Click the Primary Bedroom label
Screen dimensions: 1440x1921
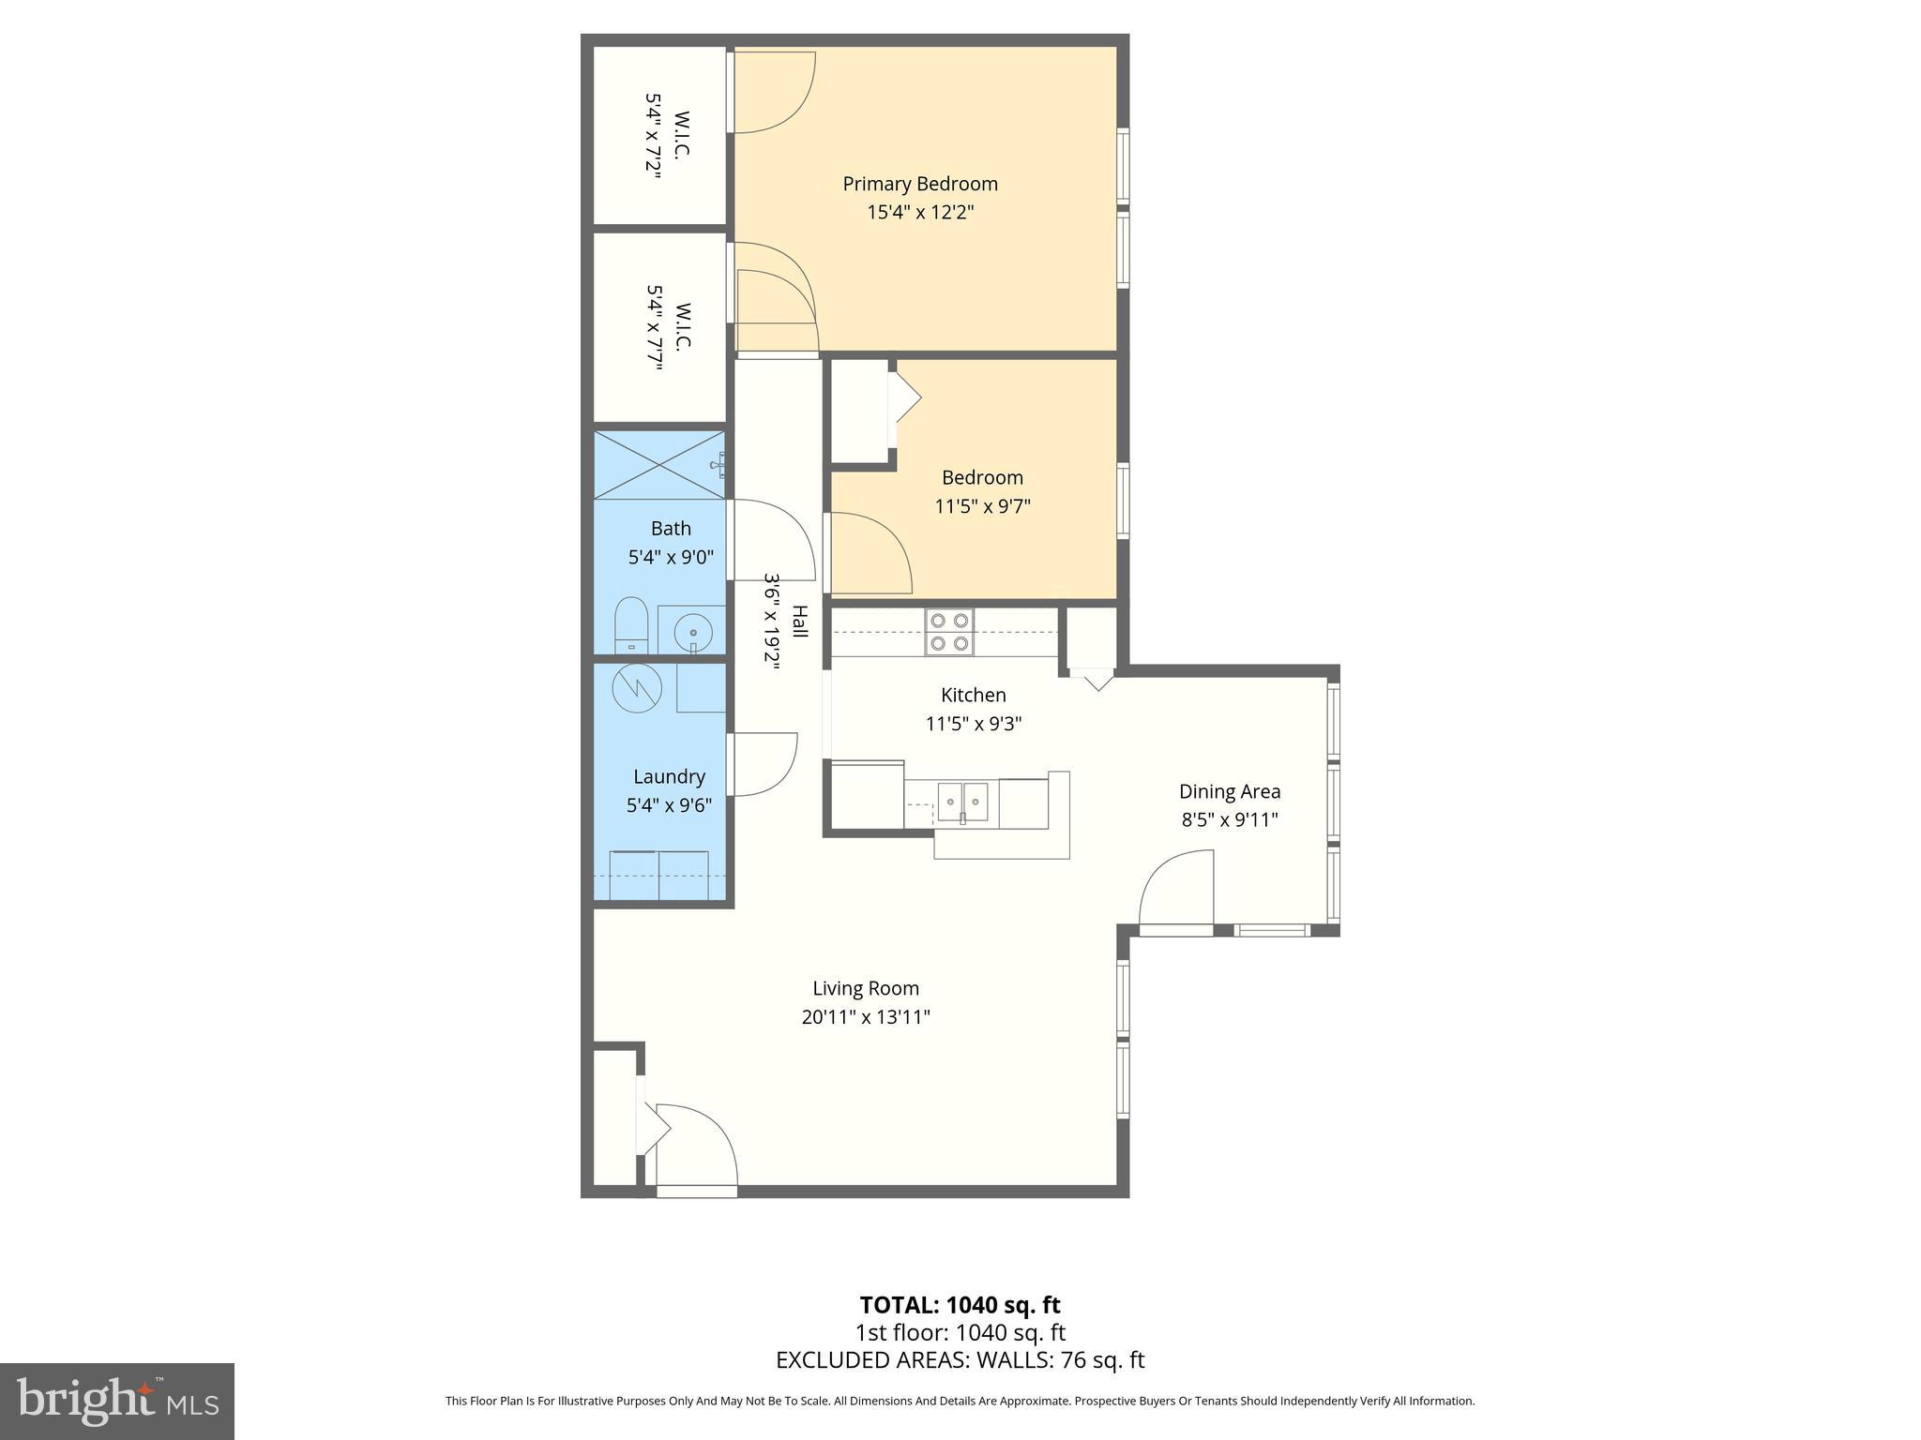[919, 184]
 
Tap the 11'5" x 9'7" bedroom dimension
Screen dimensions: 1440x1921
[982, 506]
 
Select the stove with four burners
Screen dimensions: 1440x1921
[949, 632]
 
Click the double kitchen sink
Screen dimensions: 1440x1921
[963, 802]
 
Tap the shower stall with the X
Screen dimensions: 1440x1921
[659, 465]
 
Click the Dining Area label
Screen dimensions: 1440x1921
[1229, 791]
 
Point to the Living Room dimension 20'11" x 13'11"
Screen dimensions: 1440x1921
[865, 1017]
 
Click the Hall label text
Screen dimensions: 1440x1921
[799, 622]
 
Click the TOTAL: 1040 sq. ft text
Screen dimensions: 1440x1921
[960, 1305]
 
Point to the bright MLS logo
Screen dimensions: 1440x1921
[117, 1402]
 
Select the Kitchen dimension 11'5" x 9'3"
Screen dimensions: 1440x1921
[973, 724]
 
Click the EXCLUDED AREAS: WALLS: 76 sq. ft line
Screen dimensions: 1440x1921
[960, 1360]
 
